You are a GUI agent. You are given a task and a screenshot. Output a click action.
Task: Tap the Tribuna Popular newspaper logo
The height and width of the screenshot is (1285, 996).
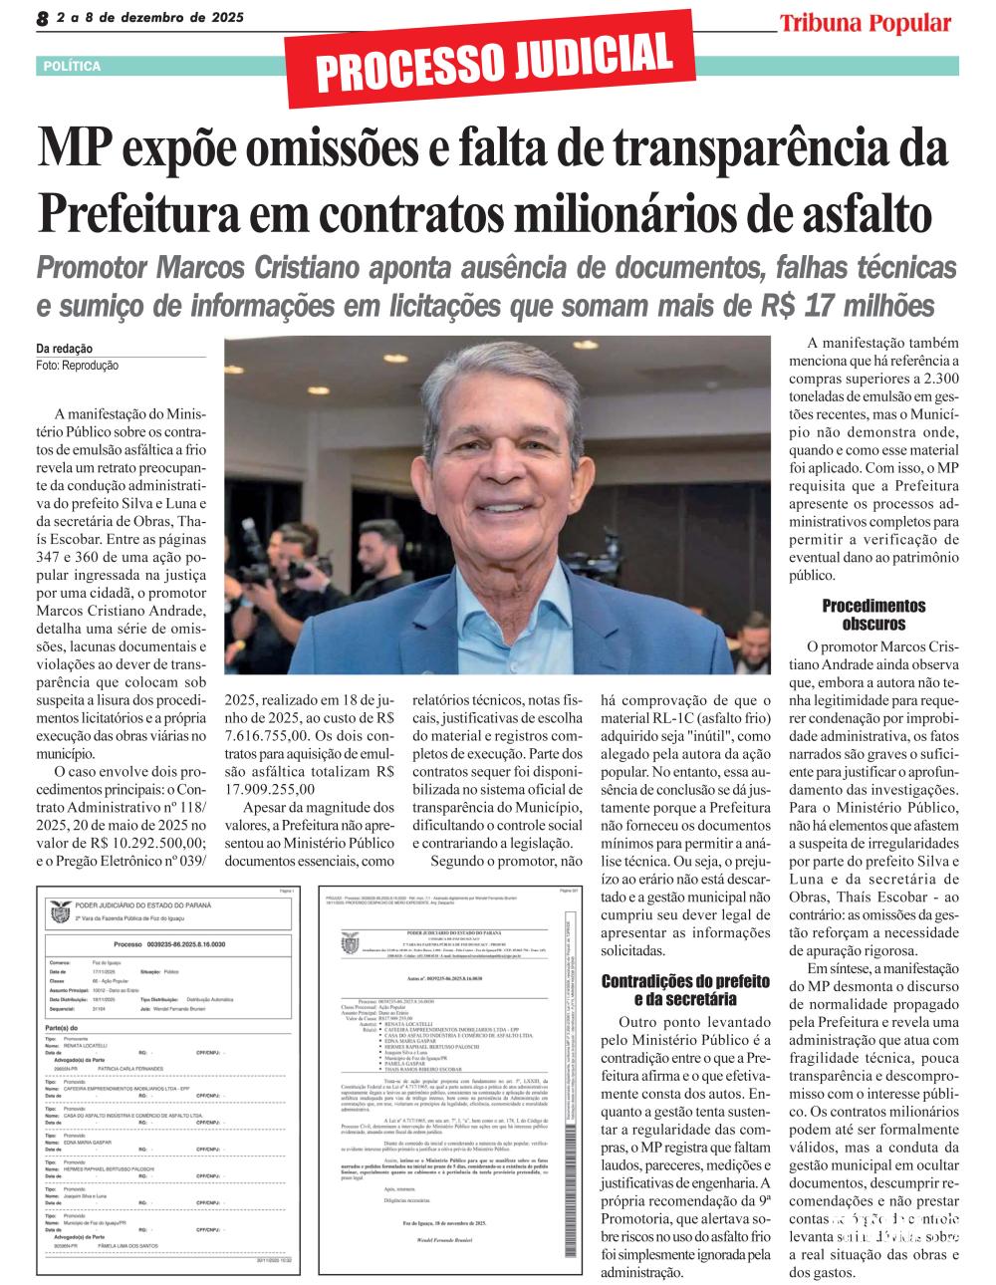[865, 23]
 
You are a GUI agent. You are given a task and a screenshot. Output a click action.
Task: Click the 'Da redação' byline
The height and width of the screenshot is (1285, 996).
[64, 349]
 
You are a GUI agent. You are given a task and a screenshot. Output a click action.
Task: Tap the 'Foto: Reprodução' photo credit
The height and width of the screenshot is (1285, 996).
[77, 366]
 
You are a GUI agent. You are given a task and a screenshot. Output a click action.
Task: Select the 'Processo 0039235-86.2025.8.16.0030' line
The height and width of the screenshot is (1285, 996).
[165, 942]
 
